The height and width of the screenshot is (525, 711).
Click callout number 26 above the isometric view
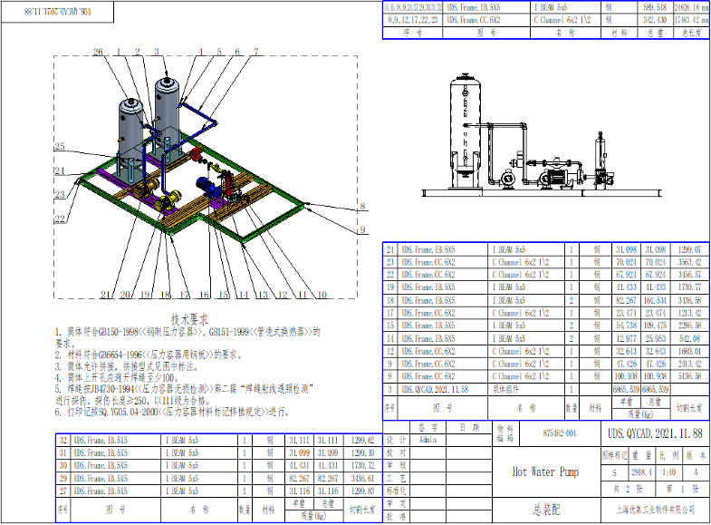coord(98,52)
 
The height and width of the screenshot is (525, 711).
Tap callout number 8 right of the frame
coord(361,207)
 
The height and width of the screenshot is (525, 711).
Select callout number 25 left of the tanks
coord(59,147)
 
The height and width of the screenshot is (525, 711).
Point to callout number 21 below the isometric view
coord(106,295)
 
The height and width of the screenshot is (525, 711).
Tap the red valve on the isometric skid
coord(197,157)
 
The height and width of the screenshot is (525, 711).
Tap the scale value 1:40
coord(667,472)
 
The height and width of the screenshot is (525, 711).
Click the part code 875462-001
coord(559,435)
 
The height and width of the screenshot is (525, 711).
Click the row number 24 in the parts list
coord(390,248)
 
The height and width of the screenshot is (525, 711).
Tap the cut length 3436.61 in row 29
coord(360,477)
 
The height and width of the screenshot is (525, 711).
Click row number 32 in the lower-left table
coord(62,439)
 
